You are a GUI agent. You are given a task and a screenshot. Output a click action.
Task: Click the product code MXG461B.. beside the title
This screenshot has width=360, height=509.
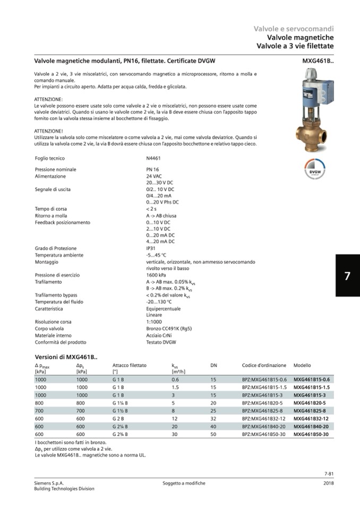point(318,61)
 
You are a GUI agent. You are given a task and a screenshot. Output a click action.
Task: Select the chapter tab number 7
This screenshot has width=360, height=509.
point(347,276)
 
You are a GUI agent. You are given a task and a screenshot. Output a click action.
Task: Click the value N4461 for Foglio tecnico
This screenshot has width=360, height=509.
point(153,158)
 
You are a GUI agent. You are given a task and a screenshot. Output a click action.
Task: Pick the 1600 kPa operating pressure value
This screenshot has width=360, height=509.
point(156,275)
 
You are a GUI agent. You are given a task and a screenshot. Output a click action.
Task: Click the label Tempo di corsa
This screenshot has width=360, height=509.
point(51,209)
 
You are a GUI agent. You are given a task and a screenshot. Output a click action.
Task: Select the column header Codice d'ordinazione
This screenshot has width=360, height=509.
point(264,366)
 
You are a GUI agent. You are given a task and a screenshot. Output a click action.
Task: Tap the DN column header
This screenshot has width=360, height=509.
point(213,366)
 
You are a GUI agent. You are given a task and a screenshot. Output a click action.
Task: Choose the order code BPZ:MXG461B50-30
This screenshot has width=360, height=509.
point(264,435)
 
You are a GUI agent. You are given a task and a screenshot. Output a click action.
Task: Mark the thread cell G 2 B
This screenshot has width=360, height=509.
point(118,419)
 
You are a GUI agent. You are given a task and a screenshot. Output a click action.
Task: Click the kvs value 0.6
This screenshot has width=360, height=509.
point(175,379)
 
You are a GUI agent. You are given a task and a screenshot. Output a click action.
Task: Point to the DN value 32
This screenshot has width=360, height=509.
point(213,419)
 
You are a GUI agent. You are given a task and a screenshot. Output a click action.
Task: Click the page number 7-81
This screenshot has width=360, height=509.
point(328,474)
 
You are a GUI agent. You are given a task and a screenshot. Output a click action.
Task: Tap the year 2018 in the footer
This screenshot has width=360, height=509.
point(328,483)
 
